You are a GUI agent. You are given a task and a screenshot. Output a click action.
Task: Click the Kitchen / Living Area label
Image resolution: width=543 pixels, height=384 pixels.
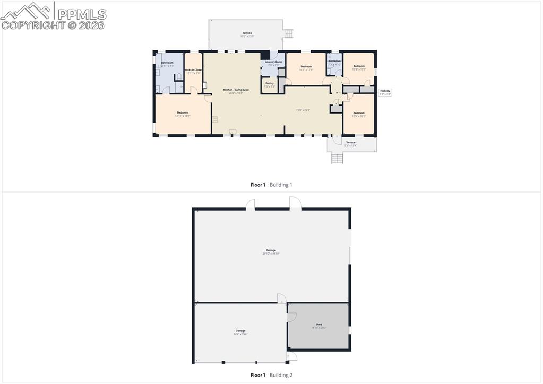tap(232, 91)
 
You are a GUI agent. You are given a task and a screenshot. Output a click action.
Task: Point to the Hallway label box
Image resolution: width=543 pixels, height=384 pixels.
tap(385, 92)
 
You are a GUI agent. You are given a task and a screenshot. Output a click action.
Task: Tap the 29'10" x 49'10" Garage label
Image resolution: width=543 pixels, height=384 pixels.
tap(271, 251)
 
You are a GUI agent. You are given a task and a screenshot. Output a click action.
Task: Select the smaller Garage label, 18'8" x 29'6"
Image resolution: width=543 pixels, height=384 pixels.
tap(240, 332)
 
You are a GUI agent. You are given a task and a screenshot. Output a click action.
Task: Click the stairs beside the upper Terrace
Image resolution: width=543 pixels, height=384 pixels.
tap(289, 33)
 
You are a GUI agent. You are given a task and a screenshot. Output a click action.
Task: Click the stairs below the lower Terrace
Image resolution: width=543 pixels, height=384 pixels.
tap(337, 158)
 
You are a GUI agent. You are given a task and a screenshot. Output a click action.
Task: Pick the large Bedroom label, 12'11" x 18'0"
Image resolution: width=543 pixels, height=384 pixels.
tap(183, 114)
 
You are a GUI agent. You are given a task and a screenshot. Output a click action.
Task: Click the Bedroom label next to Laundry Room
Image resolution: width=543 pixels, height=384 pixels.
tap(306, 68)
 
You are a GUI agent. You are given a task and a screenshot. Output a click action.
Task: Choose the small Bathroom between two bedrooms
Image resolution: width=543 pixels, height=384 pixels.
tap(334, 62)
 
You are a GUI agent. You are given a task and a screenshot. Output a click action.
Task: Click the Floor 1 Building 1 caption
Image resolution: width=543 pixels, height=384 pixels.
tap(271, 185)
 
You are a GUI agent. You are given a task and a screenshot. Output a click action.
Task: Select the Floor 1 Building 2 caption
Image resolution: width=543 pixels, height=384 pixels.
tap(271, 375)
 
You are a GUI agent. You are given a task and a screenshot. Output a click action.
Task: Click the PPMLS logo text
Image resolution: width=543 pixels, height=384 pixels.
tap(80, 14)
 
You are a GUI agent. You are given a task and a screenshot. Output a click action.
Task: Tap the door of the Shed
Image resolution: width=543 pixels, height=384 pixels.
tap(291, 317)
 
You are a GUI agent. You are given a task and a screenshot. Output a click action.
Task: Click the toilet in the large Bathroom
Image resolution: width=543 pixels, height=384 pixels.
tap(179, 77)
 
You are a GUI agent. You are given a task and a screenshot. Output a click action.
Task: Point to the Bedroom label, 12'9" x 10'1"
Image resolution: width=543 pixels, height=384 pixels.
tap(359, 114)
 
